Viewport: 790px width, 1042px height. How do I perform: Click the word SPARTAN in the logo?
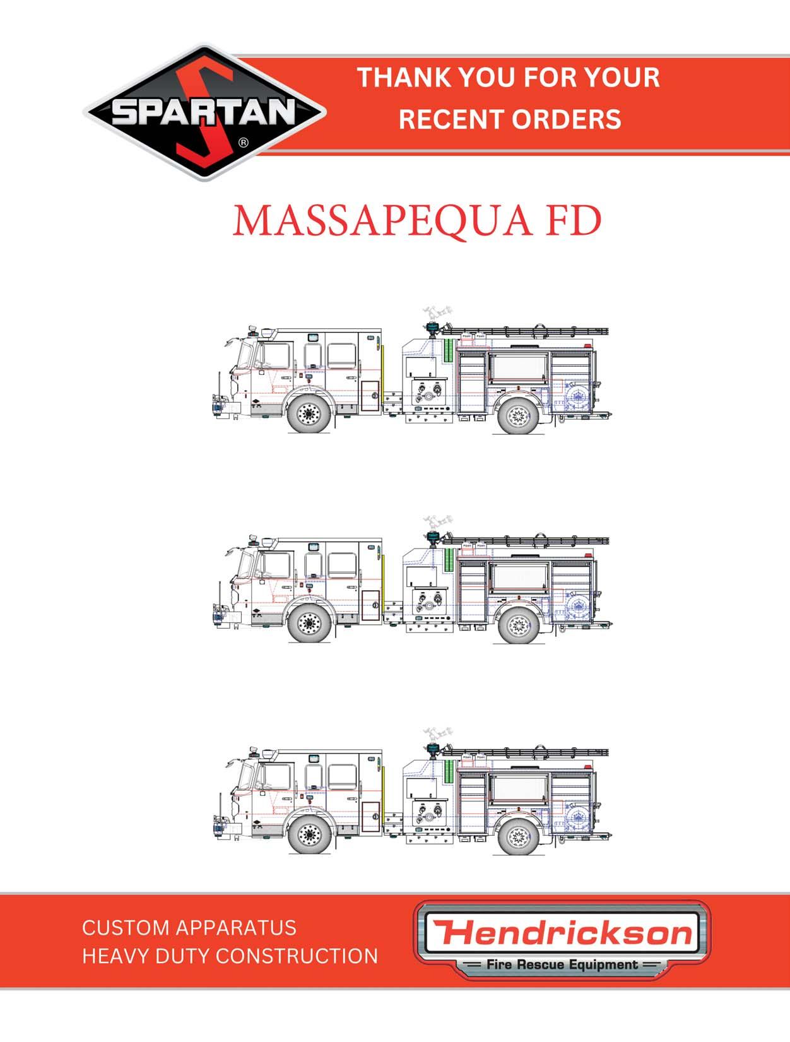tap(204, 112)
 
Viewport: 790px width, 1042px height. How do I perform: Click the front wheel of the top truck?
tap(309, 414)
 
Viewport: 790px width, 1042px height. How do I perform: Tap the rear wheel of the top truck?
tap(518, 415)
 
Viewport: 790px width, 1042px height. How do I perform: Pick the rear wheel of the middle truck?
tap(518, 626)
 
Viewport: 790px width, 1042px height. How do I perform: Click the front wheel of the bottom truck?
tap(309, 836)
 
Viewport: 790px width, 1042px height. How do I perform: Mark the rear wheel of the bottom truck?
tap(518, 837)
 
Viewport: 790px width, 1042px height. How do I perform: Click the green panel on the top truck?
tap(448, 351)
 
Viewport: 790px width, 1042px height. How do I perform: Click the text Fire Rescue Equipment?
tap(562, 964)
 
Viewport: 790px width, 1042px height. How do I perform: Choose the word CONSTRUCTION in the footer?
tap(301, 956)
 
